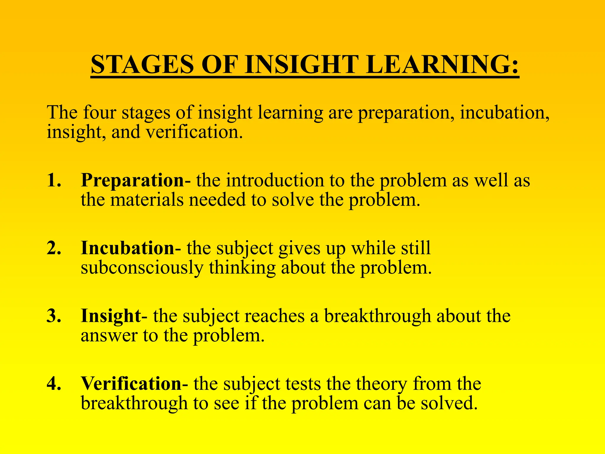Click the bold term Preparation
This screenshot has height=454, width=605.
133,180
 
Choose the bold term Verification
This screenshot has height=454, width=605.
131,383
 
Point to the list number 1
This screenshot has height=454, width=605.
54,180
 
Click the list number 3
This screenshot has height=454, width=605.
54,316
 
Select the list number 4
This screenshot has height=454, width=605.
54,383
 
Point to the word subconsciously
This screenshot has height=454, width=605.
142,267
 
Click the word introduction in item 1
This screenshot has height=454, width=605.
275,180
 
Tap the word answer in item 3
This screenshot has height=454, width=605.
109,336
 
